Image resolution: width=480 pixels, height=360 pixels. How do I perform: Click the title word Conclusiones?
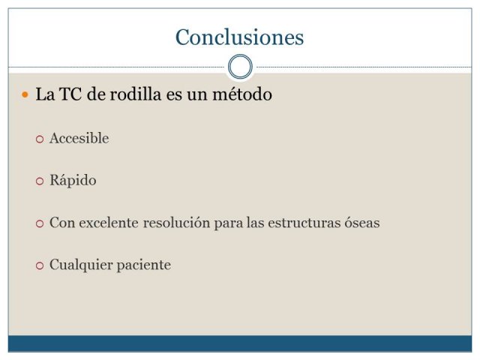pyautogui.click(x=240, y=37)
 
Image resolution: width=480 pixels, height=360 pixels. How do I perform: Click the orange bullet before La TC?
pyautogui.click(x=25, y=94)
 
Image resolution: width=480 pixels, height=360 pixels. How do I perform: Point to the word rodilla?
pyautogui.click(x=136, y=94)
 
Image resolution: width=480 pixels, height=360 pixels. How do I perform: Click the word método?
pyautogui.click(x=242, y=94)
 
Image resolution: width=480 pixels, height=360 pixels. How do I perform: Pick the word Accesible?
pyautogui.click(x=79, y=138)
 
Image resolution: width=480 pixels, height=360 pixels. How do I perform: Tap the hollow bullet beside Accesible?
pyautogui.click(x=40, y=139)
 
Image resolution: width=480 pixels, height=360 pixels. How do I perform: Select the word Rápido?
pyautogui.click(x=73, y=180)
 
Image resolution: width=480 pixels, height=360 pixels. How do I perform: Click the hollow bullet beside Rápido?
pyautogui.click(x=40, y=181)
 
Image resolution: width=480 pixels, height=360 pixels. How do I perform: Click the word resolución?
pyautogui.click(x=176, y=223)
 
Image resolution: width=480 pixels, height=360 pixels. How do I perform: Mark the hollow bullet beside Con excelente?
pyautogui.click(x=40, y=223)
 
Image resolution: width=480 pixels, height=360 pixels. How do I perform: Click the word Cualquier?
pyautogui.click(x=81, y=265)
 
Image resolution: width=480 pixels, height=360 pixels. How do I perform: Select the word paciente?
pyautogui.click(x=144, y=265)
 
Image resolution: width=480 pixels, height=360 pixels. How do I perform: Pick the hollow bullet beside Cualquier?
pyautogui.click(x=40, y=265)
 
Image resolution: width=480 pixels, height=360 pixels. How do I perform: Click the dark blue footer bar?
pyautogui.click(x=240, y=343)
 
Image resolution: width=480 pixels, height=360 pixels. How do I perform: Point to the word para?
pyautogui.click(x=228, y=223)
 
